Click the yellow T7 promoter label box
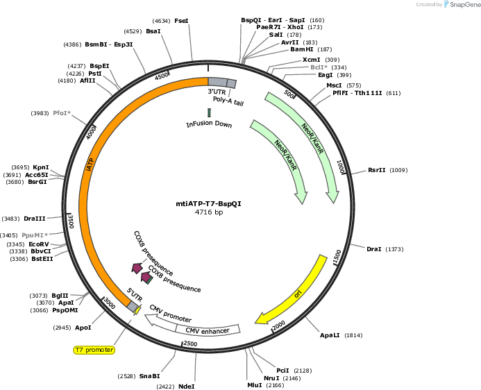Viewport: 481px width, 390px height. coord(94,350)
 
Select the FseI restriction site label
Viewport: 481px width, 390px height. coord(181,21)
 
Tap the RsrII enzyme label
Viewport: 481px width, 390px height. coord(377,170)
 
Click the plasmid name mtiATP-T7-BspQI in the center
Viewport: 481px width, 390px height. coord(209,204)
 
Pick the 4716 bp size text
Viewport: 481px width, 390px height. coord(209,212)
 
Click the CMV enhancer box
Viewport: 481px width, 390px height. coord(208,330)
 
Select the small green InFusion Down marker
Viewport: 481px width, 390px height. coord(209,112)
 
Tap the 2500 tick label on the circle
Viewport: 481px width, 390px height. coord(190,344)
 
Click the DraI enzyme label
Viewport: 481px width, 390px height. coord(374,249)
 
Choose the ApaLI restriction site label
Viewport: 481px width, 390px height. coord(330,335)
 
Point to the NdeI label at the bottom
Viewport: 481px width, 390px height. coord(187,387)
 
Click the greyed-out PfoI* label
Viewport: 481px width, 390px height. coord(62,113)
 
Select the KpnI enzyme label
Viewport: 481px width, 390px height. coord(41,167)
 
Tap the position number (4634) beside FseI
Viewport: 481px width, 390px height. coord(161,21)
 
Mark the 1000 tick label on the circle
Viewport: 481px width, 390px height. coord(341,167)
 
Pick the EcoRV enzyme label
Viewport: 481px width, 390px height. coord(39,244)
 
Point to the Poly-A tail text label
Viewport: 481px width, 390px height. coord(228,101)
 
